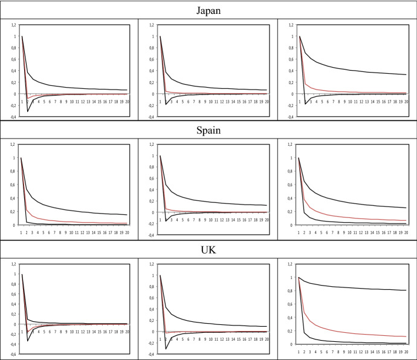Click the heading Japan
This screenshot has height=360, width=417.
coord(208,10)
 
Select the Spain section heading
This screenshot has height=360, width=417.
coord(208,129)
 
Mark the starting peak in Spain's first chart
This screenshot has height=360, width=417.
coord(22,158)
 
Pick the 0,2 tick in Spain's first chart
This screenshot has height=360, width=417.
coord(15,211)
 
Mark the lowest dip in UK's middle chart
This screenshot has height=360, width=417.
coord(166,349)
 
